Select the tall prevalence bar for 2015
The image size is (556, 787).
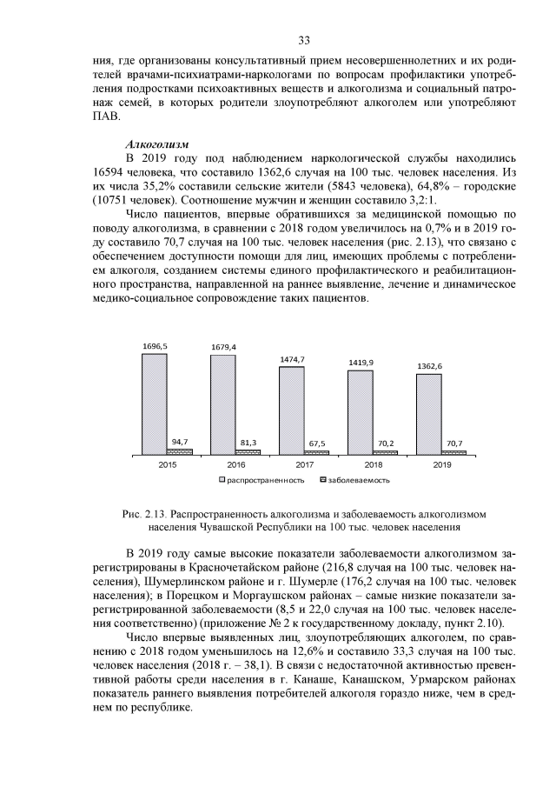point(155,404)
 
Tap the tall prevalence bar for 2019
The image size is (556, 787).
point(428,414)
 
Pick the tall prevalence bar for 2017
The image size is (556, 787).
point(291,410)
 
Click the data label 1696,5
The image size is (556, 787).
point(155,346)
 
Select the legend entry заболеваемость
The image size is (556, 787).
point(359,479)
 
